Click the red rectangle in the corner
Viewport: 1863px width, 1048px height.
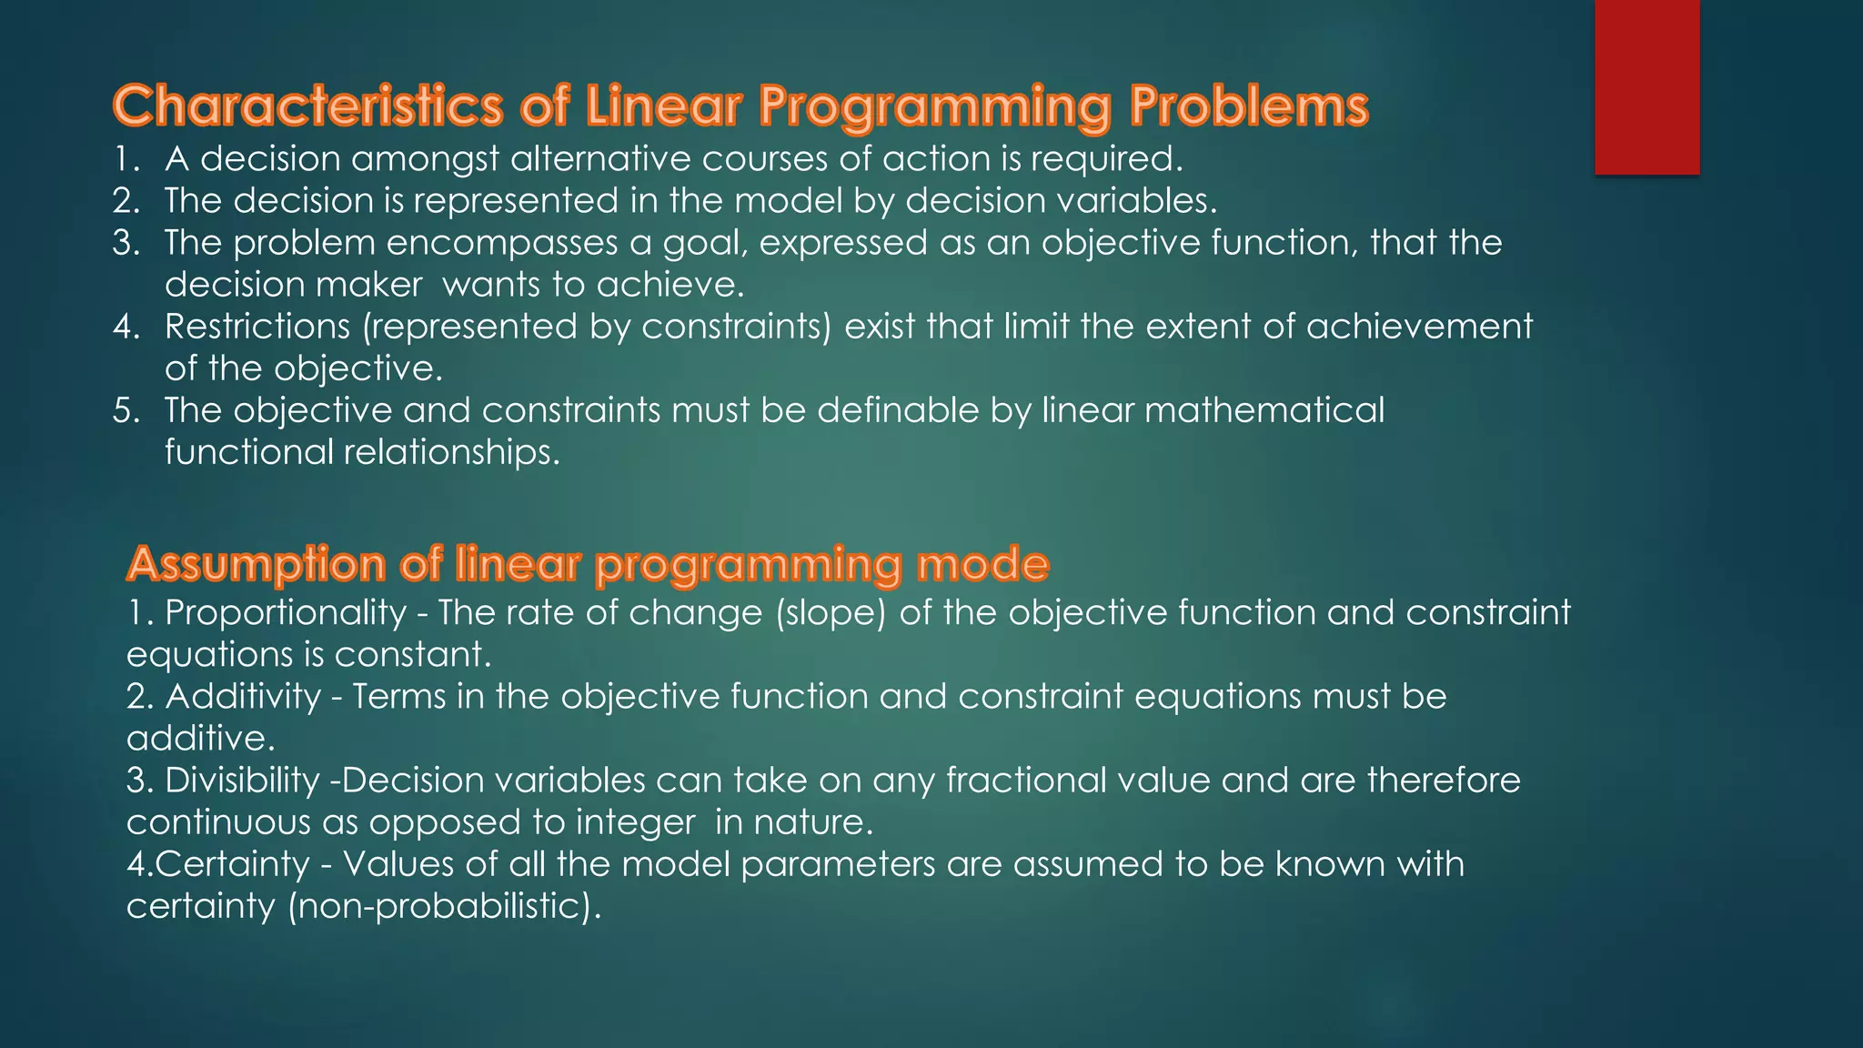pyautogui.click(x=1646, y=86)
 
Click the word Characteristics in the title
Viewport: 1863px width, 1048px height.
pyautogui.click(x=307, y=106)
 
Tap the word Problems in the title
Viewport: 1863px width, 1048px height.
pyautogui.click(x=1248, y=106)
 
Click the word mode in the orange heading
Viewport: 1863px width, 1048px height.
pyautogui.click(x=982, y=564)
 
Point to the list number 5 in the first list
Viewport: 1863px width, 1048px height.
pyautogui.click(x=126, y=411)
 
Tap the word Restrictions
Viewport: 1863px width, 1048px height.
pyautogui.click(x=257, y=327)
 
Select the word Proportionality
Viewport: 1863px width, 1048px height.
pyautogui.click(x=286, y=613)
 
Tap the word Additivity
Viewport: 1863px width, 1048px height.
pyautogui.click(x=243, y=697)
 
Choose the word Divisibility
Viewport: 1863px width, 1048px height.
pyautogui.click(x=242, y=781)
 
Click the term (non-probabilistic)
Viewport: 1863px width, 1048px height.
pyautogui.click(x=445, y=906)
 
